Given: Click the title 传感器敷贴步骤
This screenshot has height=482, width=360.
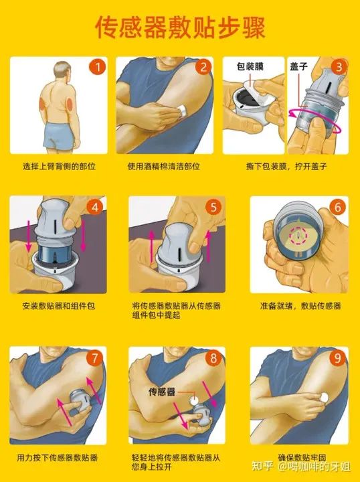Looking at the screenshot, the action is [180, 27].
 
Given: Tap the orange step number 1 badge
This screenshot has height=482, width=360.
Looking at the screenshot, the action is [98, 67].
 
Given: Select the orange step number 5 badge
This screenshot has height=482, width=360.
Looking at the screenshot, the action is [213, 207].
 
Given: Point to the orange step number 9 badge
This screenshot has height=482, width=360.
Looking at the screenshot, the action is [337, 358].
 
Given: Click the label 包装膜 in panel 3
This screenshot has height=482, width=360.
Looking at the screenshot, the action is [250, 66].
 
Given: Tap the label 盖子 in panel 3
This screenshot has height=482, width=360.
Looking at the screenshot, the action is [298, 66].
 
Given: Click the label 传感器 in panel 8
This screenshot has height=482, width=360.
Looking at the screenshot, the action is [161, 392].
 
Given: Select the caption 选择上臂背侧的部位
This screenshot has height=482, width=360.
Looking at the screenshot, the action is [59, 167].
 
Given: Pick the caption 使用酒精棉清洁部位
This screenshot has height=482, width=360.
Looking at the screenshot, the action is [164, 167].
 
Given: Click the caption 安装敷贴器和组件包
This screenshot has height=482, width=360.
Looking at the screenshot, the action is [59, 306].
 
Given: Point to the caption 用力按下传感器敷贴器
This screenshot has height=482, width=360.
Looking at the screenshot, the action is [57, 458].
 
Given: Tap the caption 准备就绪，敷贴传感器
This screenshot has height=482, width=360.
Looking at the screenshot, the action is [300, 306].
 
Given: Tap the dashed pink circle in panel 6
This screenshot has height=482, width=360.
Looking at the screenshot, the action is [298, 236].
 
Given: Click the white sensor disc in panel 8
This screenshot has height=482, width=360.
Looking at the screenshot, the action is [194, 400].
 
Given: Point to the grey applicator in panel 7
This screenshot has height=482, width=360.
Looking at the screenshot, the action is [80, 402].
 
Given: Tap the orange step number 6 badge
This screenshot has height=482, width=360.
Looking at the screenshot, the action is [337, 207].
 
